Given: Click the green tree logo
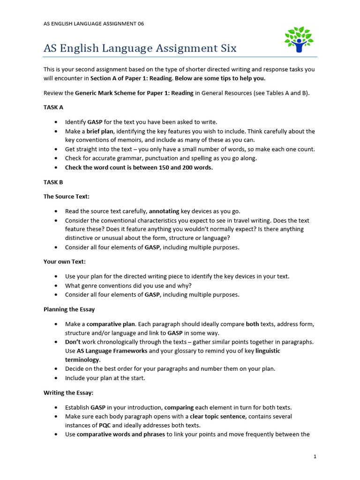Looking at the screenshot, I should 298,40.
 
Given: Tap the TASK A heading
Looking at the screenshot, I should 53,107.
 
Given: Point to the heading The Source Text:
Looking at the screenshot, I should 63,196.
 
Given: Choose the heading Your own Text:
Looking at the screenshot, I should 65,262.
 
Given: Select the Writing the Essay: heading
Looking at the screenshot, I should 68,392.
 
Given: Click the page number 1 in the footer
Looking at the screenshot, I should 315,456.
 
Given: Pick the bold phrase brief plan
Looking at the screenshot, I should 100,131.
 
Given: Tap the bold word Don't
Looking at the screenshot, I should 72,342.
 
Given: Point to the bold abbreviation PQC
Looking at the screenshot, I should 105,425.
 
